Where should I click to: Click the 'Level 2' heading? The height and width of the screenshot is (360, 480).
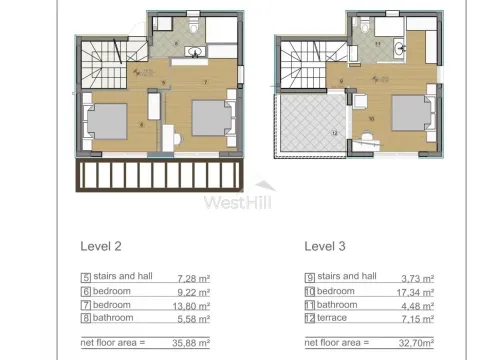(100, 244)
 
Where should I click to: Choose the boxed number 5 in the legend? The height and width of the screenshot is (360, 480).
(85, 277)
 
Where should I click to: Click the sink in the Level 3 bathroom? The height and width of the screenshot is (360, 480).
(399, 46)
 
